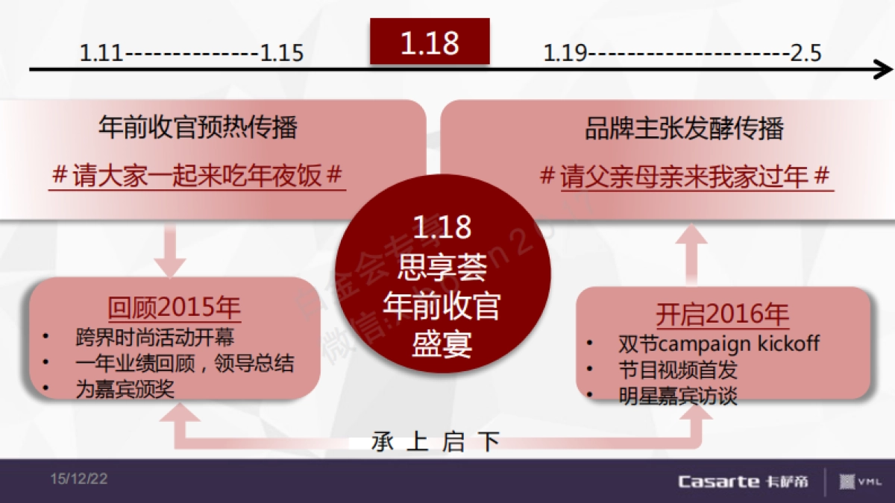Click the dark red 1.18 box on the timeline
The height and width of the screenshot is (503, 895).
(430, 42)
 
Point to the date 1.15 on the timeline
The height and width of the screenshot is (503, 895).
(282, 54)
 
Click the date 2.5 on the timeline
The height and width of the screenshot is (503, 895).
(805, 54)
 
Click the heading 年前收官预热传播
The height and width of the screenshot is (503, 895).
(198, 128)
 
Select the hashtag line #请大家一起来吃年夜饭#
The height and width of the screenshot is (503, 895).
(198, 176)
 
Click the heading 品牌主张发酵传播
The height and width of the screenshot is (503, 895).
(684, 128)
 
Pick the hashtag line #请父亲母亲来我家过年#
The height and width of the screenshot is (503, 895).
(685, 177)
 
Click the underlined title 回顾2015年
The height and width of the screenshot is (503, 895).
(175, 306)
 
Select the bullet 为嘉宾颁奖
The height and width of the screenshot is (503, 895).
(125, 388)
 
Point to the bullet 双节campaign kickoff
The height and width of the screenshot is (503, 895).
(718, 344)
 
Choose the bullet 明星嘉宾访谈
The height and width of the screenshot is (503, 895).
(677, 396)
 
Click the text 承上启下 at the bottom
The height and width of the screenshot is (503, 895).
(436, 442)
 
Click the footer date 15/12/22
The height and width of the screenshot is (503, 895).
(79, 479)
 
